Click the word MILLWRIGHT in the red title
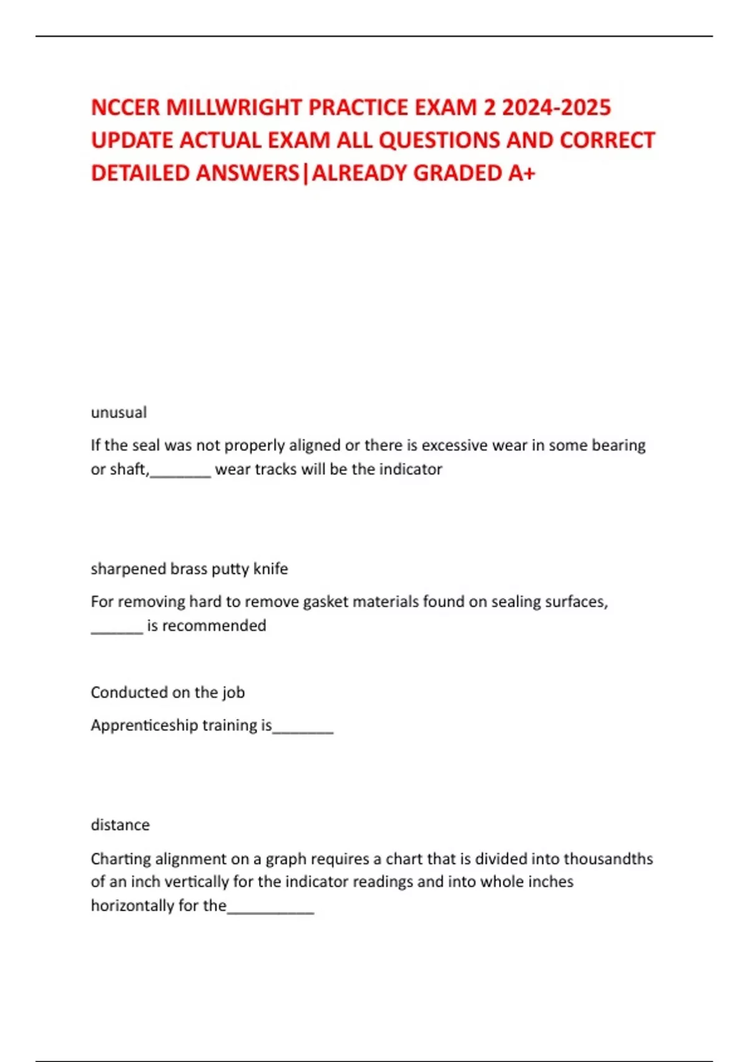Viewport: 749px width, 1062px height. [234, 107]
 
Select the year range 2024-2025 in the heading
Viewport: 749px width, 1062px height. [556, 107]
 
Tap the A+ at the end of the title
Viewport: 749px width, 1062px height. [521, 173]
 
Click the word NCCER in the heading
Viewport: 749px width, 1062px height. [125, 107]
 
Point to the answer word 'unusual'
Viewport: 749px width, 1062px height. [119, 412]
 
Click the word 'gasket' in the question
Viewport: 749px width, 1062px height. [325, 602]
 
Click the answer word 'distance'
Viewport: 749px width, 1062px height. [120, 825]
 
